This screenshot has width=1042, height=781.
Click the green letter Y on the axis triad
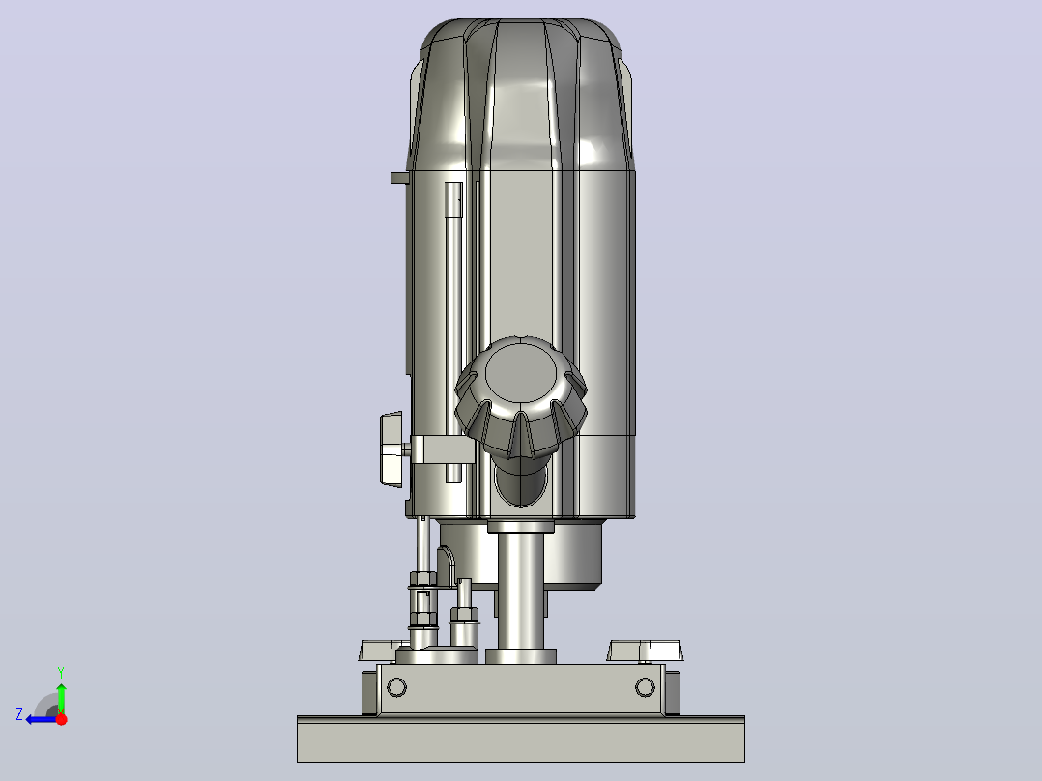point(61,673)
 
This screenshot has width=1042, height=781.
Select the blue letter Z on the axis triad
point(19,714)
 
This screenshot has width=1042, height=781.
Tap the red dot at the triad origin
point(61,719)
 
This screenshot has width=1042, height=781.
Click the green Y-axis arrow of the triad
point(61,698)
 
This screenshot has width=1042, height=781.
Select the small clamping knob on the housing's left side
point(391,449)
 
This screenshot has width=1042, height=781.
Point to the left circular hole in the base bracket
point(396,687)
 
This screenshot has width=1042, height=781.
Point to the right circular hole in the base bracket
point(645,687)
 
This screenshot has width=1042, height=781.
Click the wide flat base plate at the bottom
point(521,739)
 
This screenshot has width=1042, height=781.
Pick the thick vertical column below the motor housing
point(521,592)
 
